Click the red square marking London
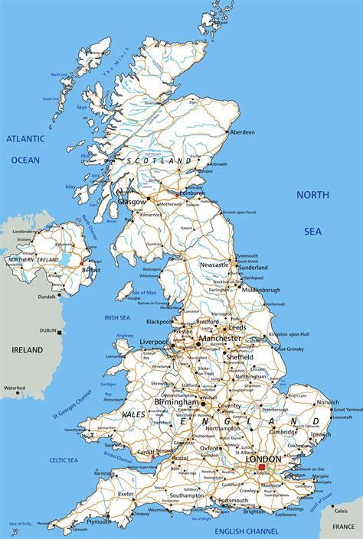tap(261, 466)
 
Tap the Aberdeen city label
tap(240, 132)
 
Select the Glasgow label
tap(131, 202)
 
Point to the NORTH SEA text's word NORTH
tap(312, 195)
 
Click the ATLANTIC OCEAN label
tap(25, 149)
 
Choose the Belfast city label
tap(91, 270)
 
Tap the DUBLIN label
tap(48, 331)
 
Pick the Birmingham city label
tap(176, 402)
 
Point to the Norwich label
tap(328, 402)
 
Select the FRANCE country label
tap(342, 527)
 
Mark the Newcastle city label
tap(214, 265)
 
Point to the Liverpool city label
tap(153, 341)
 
